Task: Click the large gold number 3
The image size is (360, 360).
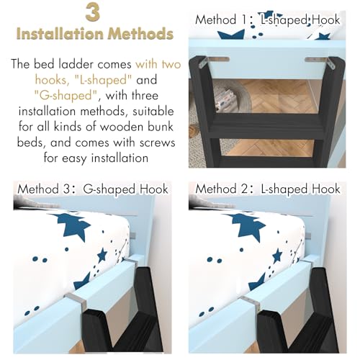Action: (92, 12)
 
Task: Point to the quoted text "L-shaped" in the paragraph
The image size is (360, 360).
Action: (103, 80)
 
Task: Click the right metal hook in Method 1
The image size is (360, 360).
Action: (319, 63)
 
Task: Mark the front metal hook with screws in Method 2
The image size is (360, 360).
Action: (251, 304)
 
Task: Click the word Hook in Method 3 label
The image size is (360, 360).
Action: (154, 189)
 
